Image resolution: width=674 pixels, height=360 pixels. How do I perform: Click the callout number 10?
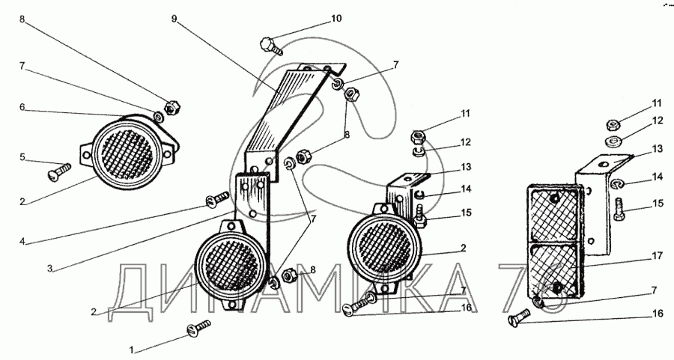[336, 19]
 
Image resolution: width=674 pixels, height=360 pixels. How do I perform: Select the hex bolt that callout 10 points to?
[270, 46]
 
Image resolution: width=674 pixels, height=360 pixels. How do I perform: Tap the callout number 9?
[174, 19]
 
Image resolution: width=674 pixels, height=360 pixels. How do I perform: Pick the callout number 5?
[22, 157]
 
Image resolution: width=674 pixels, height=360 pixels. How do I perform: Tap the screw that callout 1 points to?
[198, 327]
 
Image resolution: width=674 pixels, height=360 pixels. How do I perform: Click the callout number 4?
[22, 242]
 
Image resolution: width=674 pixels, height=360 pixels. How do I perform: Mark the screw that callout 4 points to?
[218, 199]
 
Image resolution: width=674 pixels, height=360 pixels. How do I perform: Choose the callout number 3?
[50, 269]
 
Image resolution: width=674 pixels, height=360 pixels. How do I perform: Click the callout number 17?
[657, 256]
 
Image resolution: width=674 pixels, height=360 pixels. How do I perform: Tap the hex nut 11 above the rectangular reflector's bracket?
[613, 125]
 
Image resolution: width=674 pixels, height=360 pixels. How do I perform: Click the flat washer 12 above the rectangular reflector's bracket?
[612, 141]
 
